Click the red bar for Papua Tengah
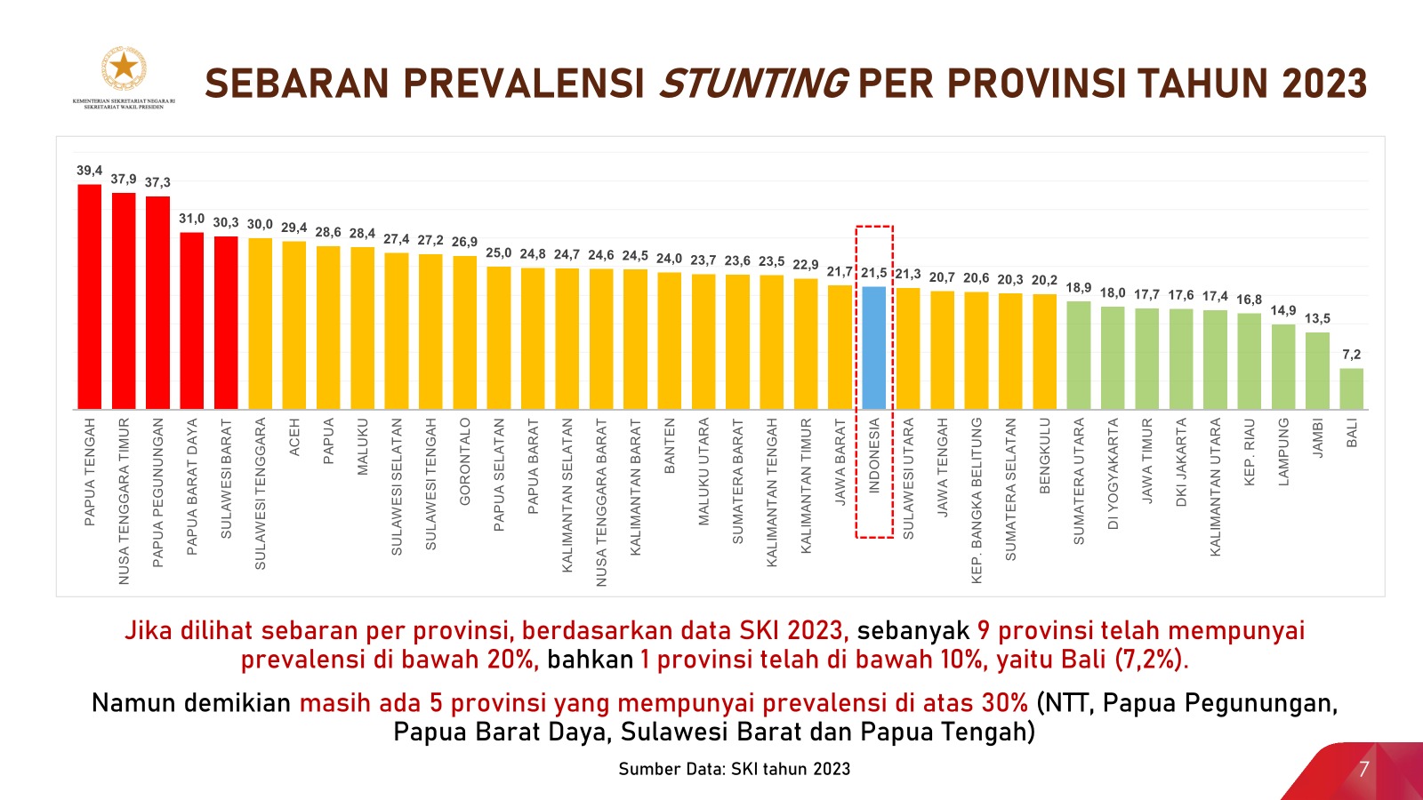click(x=90, y=298)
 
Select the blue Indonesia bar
click(x=874, y=348)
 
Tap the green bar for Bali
click(x=1352, y=389)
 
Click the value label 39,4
click(x=90, y=171)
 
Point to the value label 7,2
click(x=1352, y=355)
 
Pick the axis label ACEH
click(x=295, y=437)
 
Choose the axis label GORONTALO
click(x=465, y=461)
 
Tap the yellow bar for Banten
click(x=670, y=341)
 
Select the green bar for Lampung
click(x=1283, y=367)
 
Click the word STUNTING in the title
click(x=752, y=84)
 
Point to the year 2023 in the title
click(x=1324, y=84)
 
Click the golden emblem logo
click(x=124, y=69)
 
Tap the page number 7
click(x=1363, y=769)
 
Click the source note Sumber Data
click(x=735, y=769)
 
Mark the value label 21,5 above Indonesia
click(x=874, y=273)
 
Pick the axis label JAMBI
click(x=1318, y=438)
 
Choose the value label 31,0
click(x=192, y=219)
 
